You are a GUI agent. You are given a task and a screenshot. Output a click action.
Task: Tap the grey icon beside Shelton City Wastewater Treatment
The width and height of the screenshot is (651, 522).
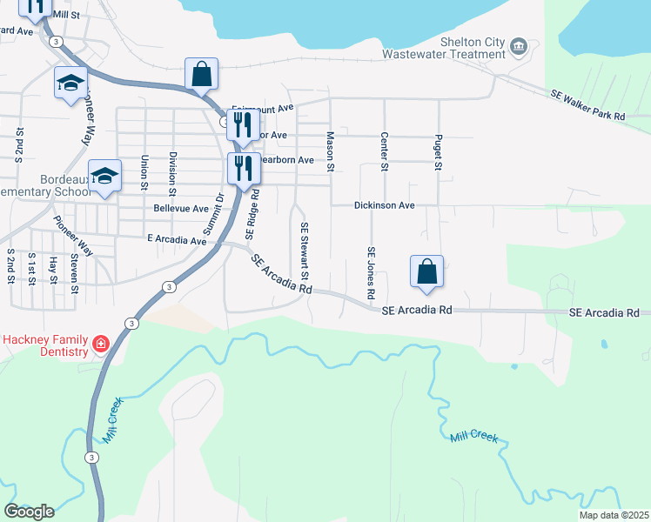pyautogui.click(x=520, y=46)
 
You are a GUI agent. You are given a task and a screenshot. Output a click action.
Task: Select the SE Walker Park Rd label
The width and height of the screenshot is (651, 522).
pyautogui.click(x=587, y=104)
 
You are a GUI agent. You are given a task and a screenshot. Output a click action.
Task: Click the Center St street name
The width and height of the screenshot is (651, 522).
pyautogui.click(x=383, y=151)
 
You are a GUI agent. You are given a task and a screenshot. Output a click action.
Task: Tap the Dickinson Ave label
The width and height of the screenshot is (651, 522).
pyautogui.click(x=384, y=206)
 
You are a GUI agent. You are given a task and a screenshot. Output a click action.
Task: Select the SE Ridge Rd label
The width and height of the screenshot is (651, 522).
pyautogui.click(x=252, y=214)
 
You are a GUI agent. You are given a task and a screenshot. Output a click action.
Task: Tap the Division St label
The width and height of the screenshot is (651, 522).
pyautogui.click(x=172, y=173)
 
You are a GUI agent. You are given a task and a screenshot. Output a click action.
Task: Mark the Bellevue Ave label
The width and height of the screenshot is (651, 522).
pyautogui.click(x=181, y=209)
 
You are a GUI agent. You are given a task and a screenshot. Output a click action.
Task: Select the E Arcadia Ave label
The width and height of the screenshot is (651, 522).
pyautogui.click(x=177, y=238)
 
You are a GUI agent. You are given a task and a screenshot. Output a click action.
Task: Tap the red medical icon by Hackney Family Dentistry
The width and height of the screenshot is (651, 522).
pyautogui.click(x=101, y=345)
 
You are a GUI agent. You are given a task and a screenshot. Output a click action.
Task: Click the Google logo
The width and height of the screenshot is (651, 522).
pyautogui.click(x=29, y=512)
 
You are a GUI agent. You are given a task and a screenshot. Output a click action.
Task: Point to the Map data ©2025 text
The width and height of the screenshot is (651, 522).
pyautogui.click(x=614, y=515)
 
